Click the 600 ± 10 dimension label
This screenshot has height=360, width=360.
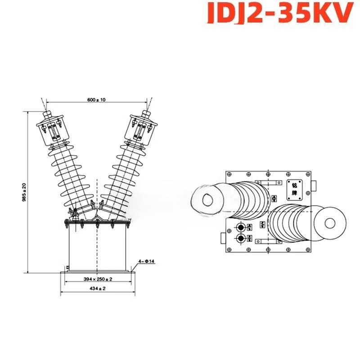click(97, 100)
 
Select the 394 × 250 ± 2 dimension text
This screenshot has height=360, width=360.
click(98, 279)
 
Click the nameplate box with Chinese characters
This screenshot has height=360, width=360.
click(294, 191)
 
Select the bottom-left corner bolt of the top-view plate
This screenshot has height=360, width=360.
click(229, 249)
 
